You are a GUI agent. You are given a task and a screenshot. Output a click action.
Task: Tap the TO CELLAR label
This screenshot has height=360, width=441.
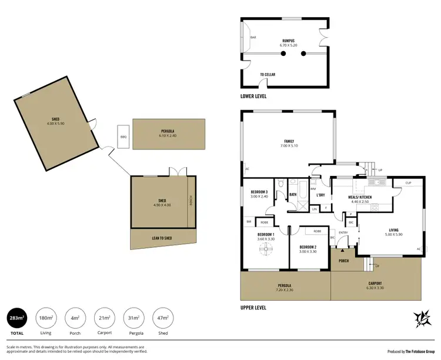tap(268, 75)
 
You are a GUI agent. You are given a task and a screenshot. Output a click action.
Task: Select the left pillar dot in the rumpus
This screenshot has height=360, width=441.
tap(283, 54)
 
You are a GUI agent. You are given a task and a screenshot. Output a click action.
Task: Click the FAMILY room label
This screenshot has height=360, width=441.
tap(289, 142)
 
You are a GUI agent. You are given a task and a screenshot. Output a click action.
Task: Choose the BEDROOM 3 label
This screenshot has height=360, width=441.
tap(259, 192)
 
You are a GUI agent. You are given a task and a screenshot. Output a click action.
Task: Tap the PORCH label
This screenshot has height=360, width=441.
tap(344, 261)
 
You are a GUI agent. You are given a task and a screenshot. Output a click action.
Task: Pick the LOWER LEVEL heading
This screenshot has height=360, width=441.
tap(254, 95)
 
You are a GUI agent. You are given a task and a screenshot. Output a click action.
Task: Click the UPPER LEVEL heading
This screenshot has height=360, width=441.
tap(253, 307)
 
